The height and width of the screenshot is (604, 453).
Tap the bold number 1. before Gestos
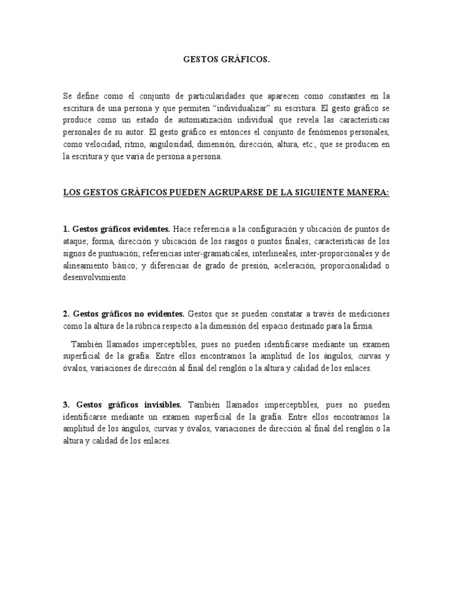pyautogui.click(x=66, y=229)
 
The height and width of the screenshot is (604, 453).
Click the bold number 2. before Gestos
pyautogui.click(x=66, y=313)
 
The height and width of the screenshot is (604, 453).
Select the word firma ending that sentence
pyautogui.click(x=363, y=326)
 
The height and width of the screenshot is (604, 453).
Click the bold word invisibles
pyautogui.click(x=161, y=405)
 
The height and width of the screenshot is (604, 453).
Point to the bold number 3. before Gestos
pyautogui.click(x=66, y=405)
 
